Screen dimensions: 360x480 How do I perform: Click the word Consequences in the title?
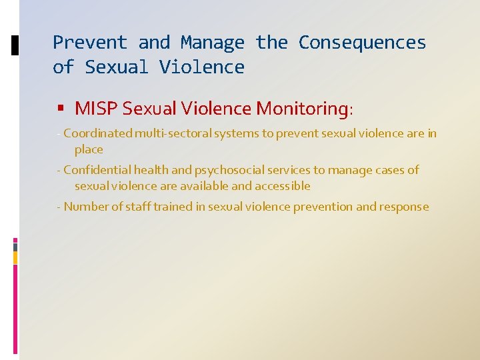pos(362,43)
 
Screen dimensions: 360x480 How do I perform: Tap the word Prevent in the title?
pos(89,43)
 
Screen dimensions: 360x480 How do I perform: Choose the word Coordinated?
pos(98,133)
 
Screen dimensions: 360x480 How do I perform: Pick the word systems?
pos(237,133)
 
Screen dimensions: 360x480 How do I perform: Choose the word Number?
pos(86,207)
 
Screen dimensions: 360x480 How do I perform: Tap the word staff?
pos(138,207)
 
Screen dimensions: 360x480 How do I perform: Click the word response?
pos(404,207)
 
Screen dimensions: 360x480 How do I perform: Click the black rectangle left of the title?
pos(15,45)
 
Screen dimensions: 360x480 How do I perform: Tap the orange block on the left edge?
pos(15,257)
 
